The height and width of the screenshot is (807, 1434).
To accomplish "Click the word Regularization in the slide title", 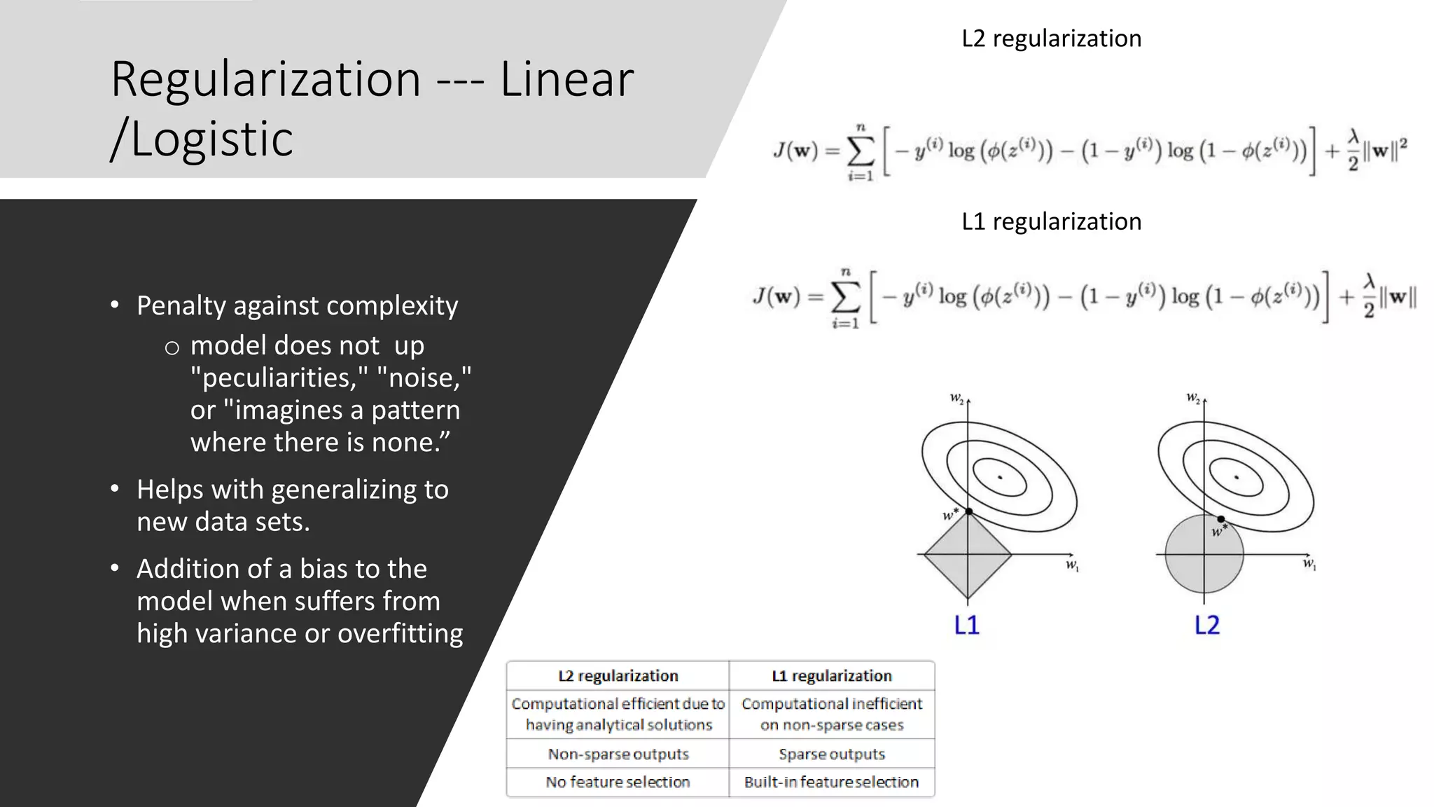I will [x=265, y=79].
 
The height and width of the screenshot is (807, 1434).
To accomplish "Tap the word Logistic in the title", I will [x=212, y=139].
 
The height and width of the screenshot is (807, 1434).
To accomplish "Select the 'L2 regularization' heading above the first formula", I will [x=1051, y=39].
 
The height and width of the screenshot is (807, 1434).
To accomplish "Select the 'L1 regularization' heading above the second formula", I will [x=1051, y=221].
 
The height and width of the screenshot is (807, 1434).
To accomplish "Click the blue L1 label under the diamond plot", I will [x=966, y=625].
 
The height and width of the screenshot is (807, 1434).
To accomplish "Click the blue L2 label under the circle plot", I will [x=1206, y=625].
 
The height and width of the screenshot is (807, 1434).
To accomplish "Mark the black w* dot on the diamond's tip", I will [x=968, y=511].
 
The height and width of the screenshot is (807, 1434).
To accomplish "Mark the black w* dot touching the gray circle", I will [x=1221, y=519].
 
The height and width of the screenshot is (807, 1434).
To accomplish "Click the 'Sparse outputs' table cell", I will [x=831, y=754].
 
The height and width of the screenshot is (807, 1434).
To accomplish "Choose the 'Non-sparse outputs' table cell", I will [x=618, y=754].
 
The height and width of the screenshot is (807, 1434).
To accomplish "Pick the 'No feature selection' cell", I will [x=618, y=782].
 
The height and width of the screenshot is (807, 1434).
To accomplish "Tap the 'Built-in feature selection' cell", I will [x=831, y=782].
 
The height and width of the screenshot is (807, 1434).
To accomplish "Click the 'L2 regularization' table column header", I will [x=618, y=676].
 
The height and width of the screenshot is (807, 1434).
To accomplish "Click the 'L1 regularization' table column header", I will [x=831, y=676].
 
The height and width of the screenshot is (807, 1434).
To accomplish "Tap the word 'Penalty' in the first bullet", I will [x=181, y=306].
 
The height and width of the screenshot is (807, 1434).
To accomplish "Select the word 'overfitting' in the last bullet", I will [x=400, y=633].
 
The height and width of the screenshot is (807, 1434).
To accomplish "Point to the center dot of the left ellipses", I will [x=1000, y=477].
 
